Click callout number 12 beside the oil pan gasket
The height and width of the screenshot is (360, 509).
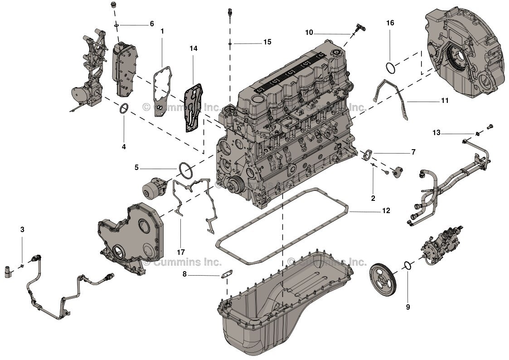386,211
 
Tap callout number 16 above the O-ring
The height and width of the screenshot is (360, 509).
390,23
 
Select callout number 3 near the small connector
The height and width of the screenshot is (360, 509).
22,230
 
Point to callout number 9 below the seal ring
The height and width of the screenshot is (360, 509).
407,307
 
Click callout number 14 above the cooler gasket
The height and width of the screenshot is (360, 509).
194,48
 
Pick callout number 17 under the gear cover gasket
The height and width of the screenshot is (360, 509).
181,252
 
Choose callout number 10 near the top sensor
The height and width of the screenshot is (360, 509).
309,32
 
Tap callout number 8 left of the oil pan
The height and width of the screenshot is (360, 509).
184,274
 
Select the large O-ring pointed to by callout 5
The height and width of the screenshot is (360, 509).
184,170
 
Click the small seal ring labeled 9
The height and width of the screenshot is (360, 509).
407,265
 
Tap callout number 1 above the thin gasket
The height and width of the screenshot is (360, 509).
162,31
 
